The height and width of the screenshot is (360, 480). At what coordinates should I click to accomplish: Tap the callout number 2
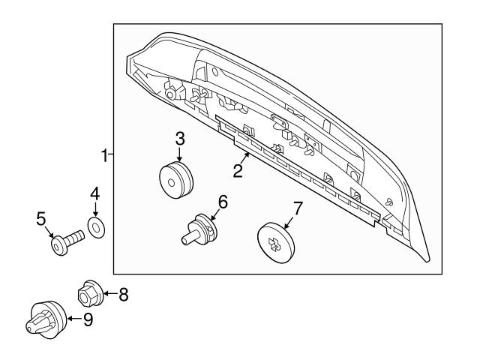[237, 171]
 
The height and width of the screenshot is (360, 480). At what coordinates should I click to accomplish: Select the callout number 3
[180, 138]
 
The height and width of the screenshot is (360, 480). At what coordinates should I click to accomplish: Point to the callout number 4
[95, 193]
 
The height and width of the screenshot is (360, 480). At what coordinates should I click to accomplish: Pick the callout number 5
[42, 218]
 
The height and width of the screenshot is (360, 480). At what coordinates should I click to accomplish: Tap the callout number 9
[88, 319]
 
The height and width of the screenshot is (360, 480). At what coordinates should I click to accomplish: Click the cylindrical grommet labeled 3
[177, 181]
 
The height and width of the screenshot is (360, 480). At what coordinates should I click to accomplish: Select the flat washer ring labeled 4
[96, 226]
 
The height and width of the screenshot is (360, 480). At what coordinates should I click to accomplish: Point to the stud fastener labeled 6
[199, 228]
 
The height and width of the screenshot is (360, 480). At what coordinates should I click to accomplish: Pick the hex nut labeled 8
[89, 293]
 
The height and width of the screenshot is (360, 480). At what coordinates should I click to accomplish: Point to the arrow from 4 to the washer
[95, 210]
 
